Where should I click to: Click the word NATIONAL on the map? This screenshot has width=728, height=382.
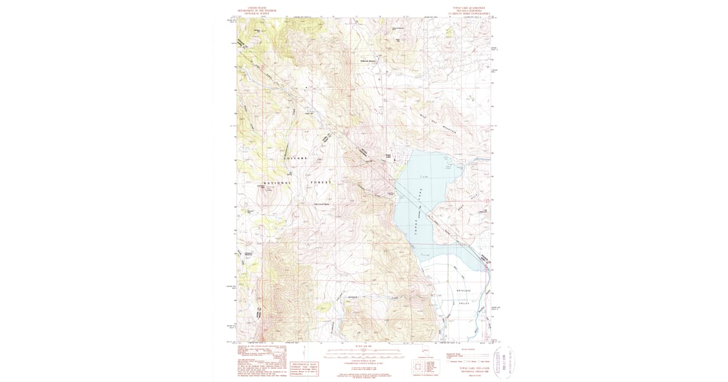pyautogui.click(x=277, y=182)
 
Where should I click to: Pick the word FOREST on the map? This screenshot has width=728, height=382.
pyautogui.click(x=322, y=182)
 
